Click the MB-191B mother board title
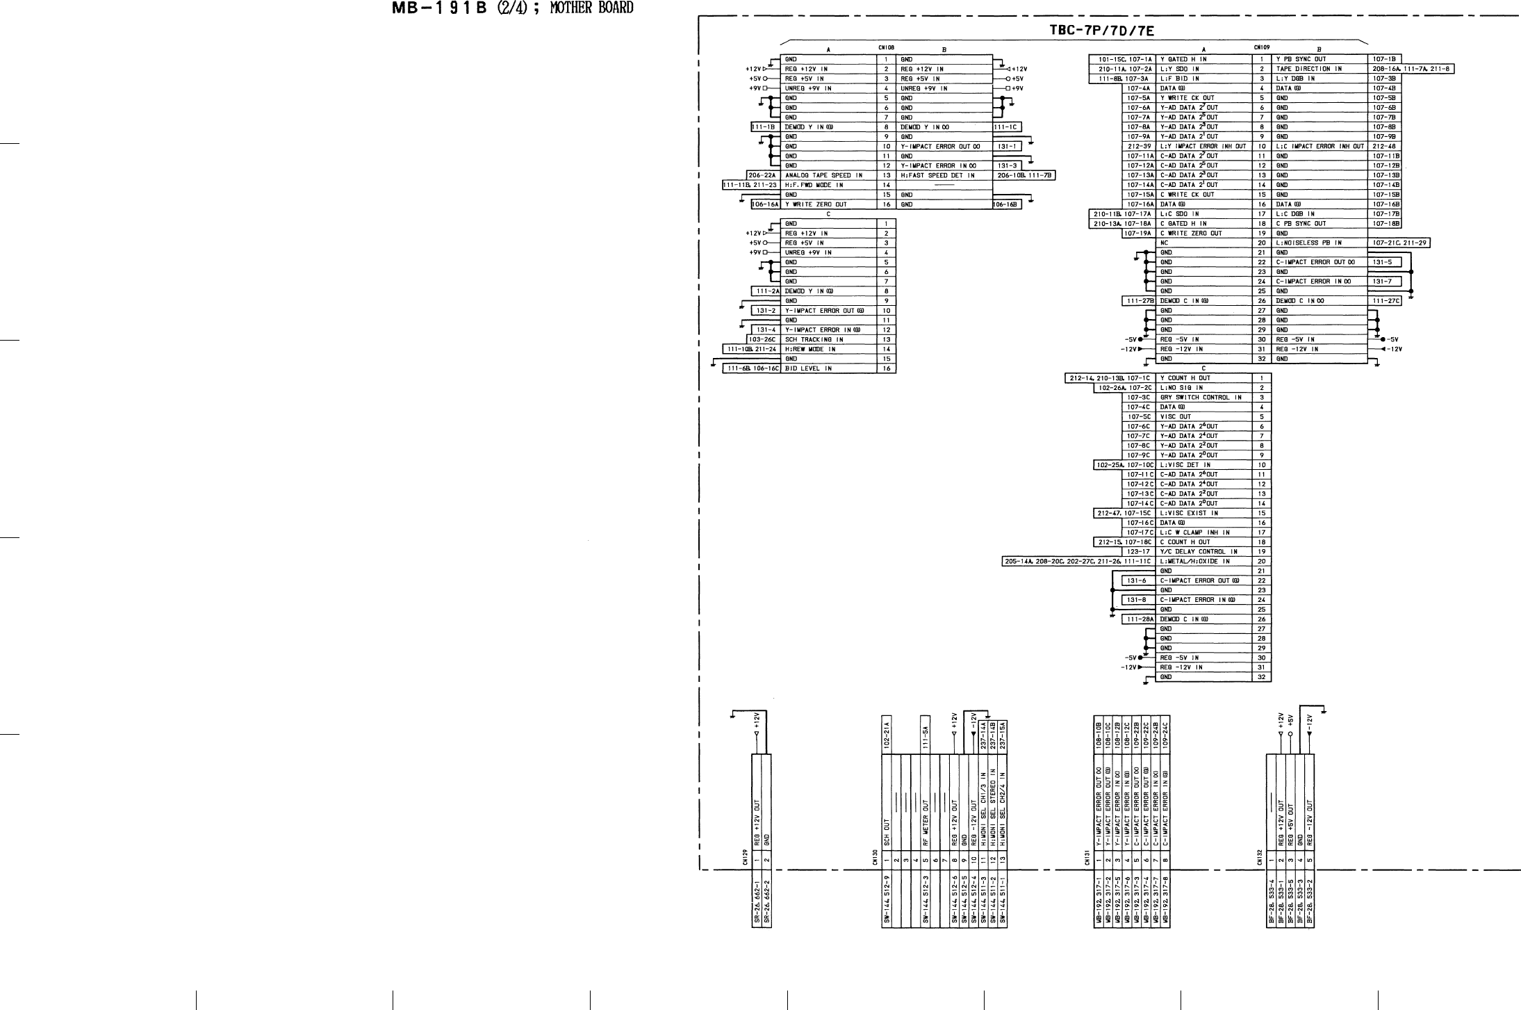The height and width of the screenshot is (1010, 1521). pyautogui.click(x=513, y=9)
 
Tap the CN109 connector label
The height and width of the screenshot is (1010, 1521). pyautogui.click(x=1262, y=48)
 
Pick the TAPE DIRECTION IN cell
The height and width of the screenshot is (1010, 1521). pyautogui.click(x=1308, y=69)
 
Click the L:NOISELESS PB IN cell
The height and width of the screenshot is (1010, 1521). pyautogui.click(x=1309, y=243)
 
